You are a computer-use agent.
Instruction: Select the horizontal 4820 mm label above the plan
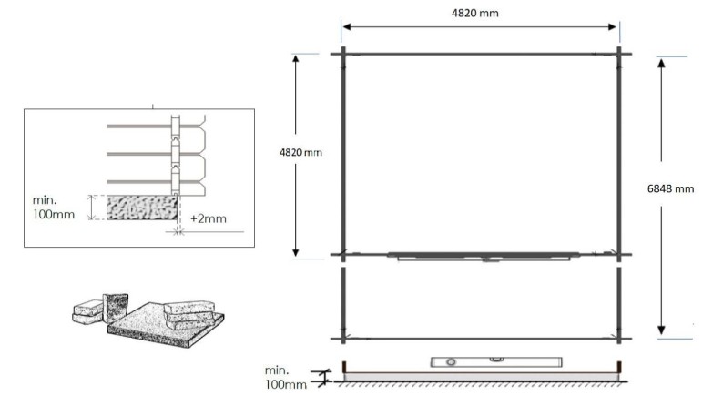(x=481, y=13)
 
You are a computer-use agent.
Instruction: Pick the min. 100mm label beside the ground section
(x=283, y=378)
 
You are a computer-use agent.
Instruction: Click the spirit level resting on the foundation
(x=471, y=361)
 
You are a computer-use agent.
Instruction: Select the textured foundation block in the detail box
(x=142, y=208)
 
